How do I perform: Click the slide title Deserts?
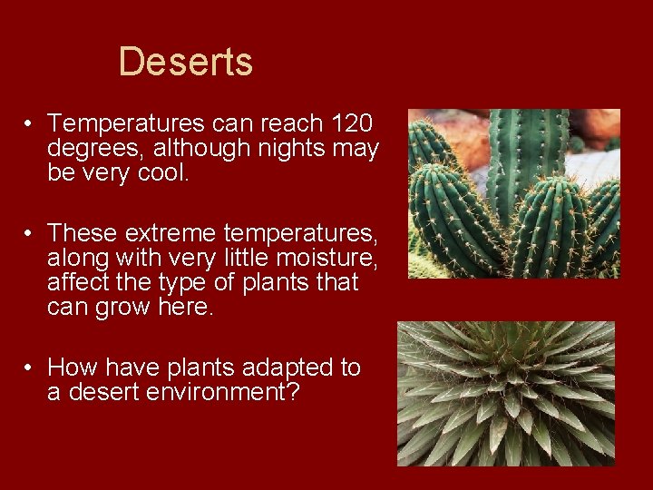[185, 63]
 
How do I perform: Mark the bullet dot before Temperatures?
[30, 123]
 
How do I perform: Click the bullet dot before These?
[30, 234]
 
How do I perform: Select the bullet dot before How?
[30, 368]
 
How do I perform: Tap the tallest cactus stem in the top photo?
[526, 154]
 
